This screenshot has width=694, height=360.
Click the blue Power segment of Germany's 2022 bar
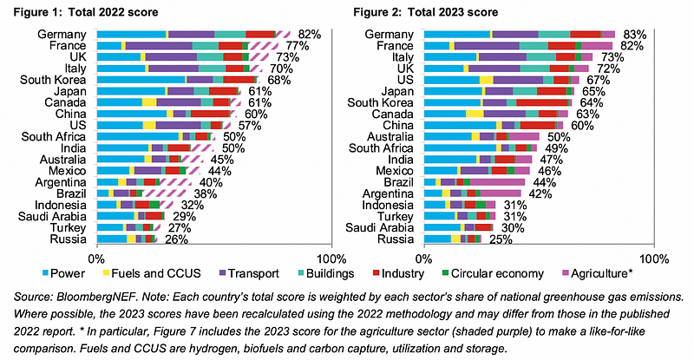coord(130,33)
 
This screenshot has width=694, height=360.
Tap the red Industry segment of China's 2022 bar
coord(209,114)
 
